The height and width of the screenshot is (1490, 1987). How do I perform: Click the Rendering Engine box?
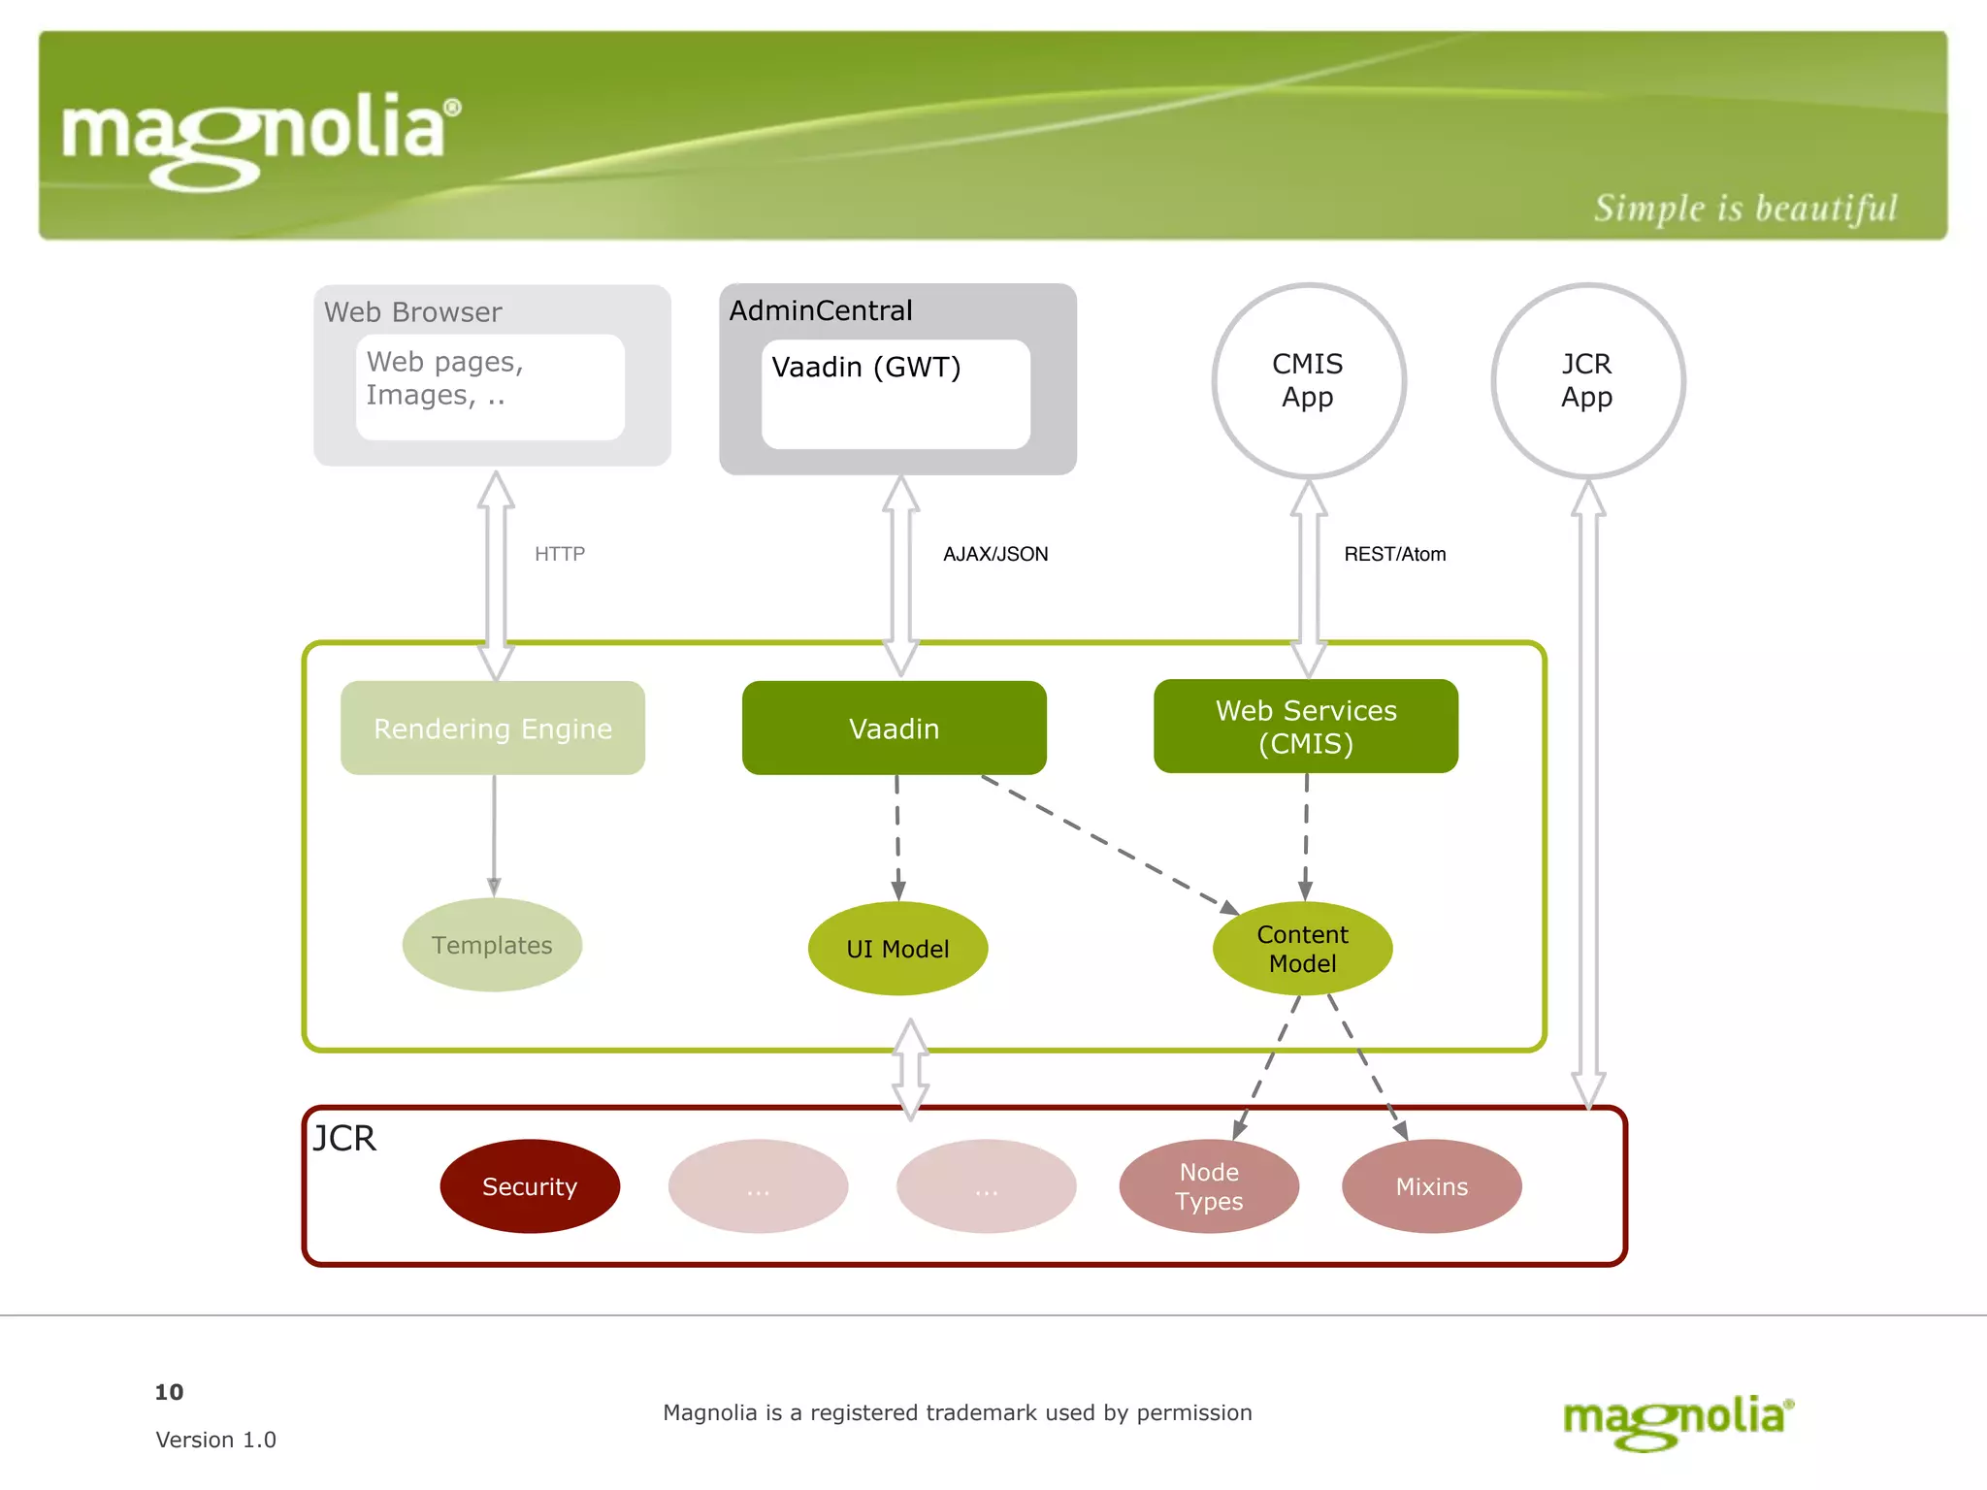[x=493, y=728]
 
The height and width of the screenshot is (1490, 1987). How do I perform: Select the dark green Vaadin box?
[x=894, y=728]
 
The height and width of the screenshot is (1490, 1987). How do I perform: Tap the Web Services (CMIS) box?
[x=1305, y=727]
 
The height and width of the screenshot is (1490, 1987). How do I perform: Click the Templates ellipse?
[x=492, y=945]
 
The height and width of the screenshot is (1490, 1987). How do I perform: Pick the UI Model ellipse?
[x=897, y=949]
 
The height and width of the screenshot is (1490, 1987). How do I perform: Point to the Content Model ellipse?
[x=1302, y=949]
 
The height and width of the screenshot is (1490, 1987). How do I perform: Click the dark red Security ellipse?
[x=530, y=1186]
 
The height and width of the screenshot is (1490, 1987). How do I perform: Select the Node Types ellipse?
[x=1209, y=1186]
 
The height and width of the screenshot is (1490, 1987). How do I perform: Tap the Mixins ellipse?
[x=1431, y=1186]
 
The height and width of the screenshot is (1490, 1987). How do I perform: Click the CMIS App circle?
[x=1308, y=380]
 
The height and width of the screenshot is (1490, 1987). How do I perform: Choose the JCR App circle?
[x=1587, y=380]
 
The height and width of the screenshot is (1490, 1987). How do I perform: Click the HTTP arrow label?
[x=560, y=554]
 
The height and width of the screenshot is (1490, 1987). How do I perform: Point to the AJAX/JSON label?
[x=995, y=554]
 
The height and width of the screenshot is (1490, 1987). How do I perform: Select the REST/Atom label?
[x=1394, y=554]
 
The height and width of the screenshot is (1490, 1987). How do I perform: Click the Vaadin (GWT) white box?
[x=896, y=394]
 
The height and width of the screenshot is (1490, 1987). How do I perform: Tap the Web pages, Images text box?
[x=490, y=387]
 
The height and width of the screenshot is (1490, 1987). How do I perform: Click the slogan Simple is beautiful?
[x=1744, y=209]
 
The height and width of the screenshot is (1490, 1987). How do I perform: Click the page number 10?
[x=169, y=1392]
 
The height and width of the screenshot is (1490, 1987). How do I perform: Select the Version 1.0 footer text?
[x=215, y=1440]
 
